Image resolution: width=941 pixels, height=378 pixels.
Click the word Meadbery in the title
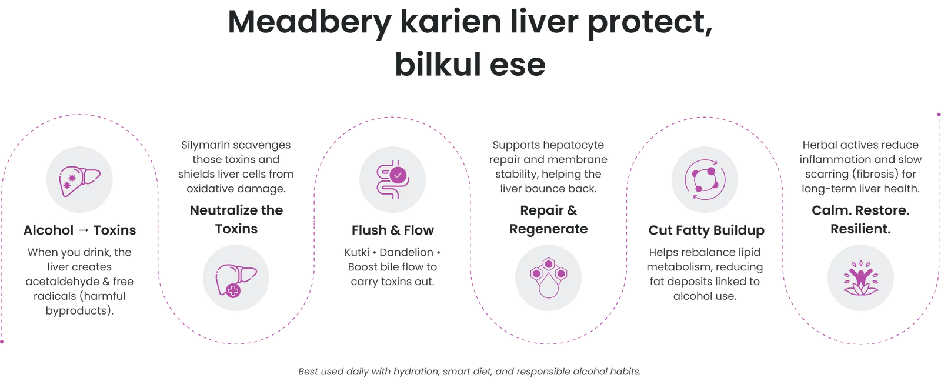[x=308, y=24]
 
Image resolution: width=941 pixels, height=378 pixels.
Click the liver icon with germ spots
[x=80, y=179]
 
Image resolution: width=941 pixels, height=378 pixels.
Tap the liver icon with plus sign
[x=236, y=277]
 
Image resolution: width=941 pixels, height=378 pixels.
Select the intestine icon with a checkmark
[x=393, y=179]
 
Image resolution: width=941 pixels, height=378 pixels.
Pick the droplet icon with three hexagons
[x=548, y=277]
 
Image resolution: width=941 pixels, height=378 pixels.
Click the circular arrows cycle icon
[x=705, y=179]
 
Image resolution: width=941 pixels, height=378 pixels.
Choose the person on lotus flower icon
[x=860, y=277]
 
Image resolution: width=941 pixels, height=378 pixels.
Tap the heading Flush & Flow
[x=392, y=230]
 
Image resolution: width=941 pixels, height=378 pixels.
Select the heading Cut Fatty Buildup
[x=706, y=230]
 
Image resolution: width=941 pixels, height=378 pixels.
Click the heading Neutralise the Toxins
[x=236, y=219]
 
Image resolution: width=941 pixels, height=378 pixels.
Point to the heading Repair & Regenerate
[x=548, y=219]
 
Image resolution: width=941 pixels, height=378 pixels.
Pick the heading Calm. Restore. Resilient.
[x=860, y=219]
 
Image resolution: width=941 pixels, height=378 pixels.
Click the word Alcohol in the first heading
[x=48, y=230]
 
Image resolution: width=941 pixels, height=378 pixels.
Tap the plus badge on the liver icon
[x=233, y=290]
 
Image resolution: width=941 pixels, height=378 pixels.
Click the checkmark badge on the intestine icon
[x=398, y=175]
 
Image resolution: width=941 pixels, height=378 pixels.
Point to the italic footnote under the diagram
[x=469, y=371]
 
